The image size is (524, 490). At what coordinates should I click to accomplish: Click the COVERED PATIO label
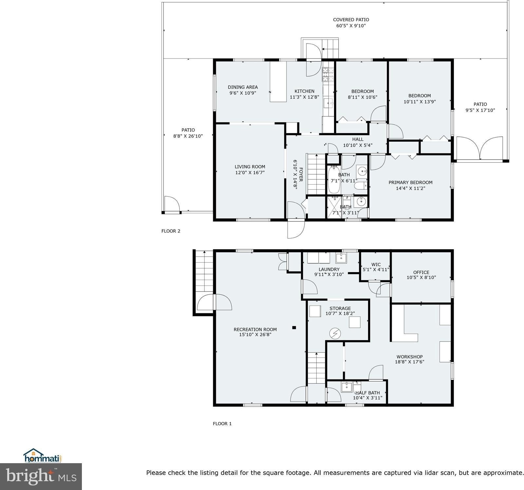[x=351, y=20]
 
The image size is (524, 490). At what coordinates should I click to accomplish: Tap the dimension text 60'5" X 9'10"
[x=351, y=26]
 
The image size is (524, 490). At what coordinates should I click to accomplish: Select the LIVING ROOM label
[x=250, y=166]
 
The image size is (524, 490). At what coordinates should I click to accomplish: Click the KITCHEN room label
[x=304, y=91]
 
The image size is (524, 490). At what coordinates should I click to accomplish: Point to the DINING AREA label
[x=243, y=87]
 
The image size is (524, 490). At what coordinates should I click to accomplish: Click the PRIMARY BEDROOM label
[x=410, y=182]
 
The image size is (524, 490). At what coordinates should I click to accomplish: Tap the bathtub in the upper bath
[x=334, y=180]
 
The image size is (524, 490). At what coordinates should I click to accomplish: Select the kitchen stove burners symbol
[x=328, y=74]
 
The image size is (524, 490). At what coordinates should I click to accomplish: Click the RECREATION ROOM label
[x=255, y=329]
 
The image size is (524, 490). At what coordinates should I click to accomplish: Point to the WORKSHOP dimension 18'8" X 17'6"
[x=409, y=362]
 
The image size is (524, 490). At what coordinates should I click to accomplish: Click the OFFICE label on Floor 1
[x=421, y=272]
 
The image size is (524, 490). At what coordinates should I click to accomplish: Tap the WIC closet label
[x=376, y=264]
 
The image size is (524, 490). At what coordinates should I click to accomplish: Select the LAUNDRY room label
[x=329, y=269]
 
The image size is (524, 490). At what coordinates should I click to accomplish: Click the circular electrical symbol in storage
[x=335, y=333]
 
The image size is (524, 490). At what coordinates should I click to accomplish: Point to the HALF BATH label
[x=367, y=393]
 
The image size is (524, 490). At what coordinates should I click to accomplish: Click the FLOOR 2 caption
[x=171, y=231]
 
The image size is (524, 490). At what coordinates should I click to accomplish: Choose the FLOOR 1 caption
[x=222, y=424]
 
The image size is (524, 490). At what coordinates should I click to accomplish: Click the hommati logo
[x=43, y=455]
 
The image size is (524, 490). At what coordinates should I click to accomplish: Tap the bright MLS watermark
[x=41, y=476]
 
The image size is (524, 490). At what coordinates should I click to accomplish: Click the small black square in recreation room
[x=294, y=327]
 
